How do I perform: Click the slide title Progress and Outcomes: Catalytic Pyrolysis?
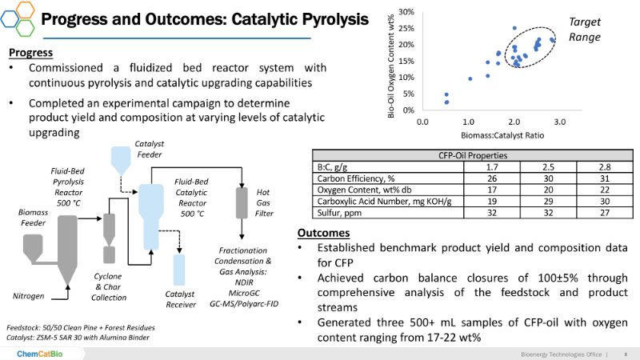pyautogui.click(x=215, y=18)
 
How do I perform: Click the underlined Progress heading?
pyautogui.click(x=31, y=53)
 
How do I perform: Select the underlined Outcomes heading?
pyautogui.click(x=322, y=233)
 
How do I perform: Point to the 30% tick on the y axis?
pyautogui.click(x=406, y=12)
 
